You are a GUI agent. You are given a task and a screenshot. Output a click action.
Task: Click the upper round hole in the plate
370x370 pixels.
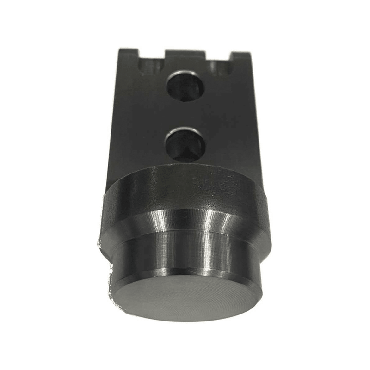(185, 86)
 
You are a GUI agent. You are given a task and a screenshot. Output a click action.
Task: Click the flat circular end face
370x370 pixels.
(185, 298)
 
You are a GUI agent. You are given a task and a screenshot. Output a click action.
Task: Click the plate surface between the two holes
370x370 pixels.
(185, 116)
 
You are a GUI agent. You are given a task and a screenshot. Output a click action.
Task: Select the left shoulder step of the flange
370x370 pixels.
(105, 240)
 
